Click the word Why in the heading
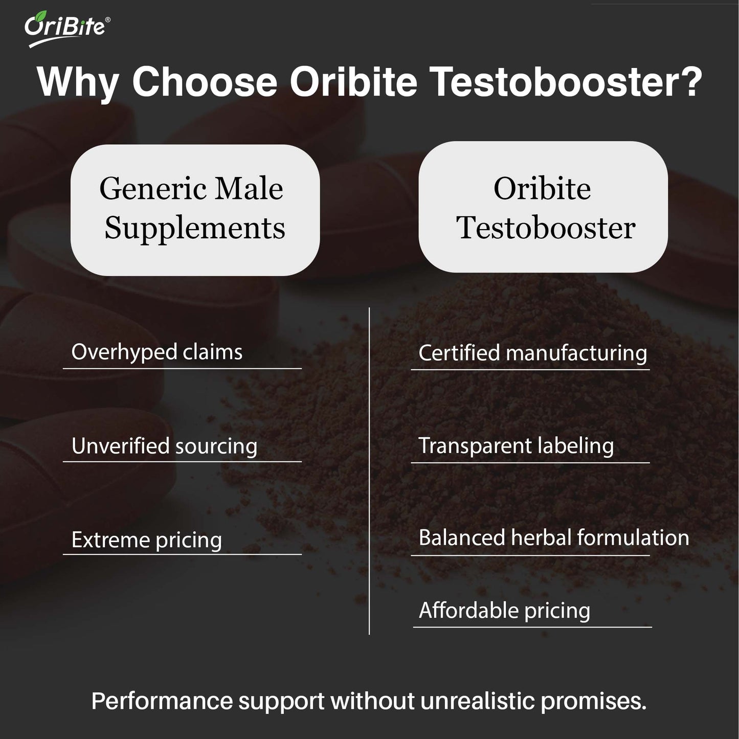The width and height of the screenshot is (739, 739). pyautogui.click(x=78, y=82)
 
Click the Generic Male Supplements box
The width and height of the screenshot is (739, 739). pyautogui.click(x=195, y=210)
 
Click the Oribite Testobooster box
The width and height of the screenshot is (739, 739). pyautogui.click(x=543, y=207)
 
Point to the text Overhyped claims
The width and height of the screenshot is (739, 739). pyautogui.click(x=157, y=352)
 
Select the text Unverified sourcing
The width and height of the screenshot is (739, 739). pyautogui.click(x=164, y=446)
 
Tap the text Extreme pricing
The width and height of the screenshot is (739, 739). pyautogui.click(x=147, y=540)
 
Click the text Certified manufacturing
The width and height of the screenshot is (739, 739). pyautogui.click(x=532, y=353)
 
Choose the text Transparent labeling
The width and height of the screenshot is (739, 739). pyautogui.click(x=516, y=446)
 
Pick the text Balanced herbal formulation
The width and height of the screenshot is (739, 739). pyautogui.click(x=554, y=538)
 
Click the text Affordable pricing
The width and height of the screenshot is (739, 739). pyautogui.click(x=504, y=611)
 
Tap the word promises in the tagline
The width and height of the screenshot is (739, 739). pyautogui.click(x=593, y=701)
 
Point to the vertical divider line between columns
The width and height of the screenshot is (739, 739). pyautogui.click(x=369, y=471)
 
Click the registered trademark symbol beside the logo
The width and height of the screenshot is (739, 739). pyautogui.click(x=107, y=19)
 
